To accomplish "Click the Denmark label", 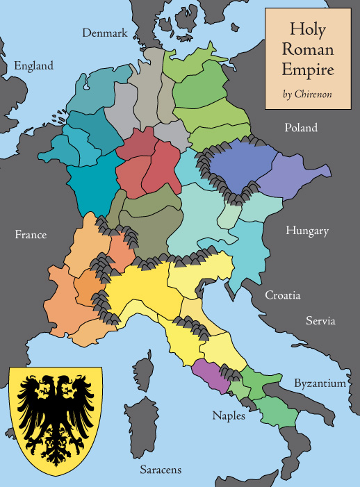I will [x=105, y=33].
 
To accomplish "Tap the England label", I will [x=33, y=66].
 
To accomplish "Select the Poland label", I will [x=300, y=128].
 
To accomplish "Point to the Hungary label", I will [x=306, y=231].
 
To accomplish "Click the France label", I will [x=31, y=235].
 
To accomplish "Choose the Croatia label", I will [x=282, y=295].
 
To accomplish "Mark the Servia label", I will [x=320, y=321].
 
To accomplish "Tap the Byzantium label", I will [x=319, y=383].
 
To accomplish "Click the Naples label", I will [x=229, y=415].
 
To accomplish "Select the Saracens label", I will [x=160, y=470].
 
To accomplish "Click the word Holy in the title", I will [x=307, y=30].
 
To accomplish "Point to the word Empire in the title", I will [x=307, y=69].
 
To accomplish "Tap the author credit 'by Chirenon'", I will [x=306, y=94].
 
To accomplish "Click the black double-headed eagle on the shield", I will [x=56, y=420].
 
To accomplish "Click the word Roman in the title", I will [x=307, y=50].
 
